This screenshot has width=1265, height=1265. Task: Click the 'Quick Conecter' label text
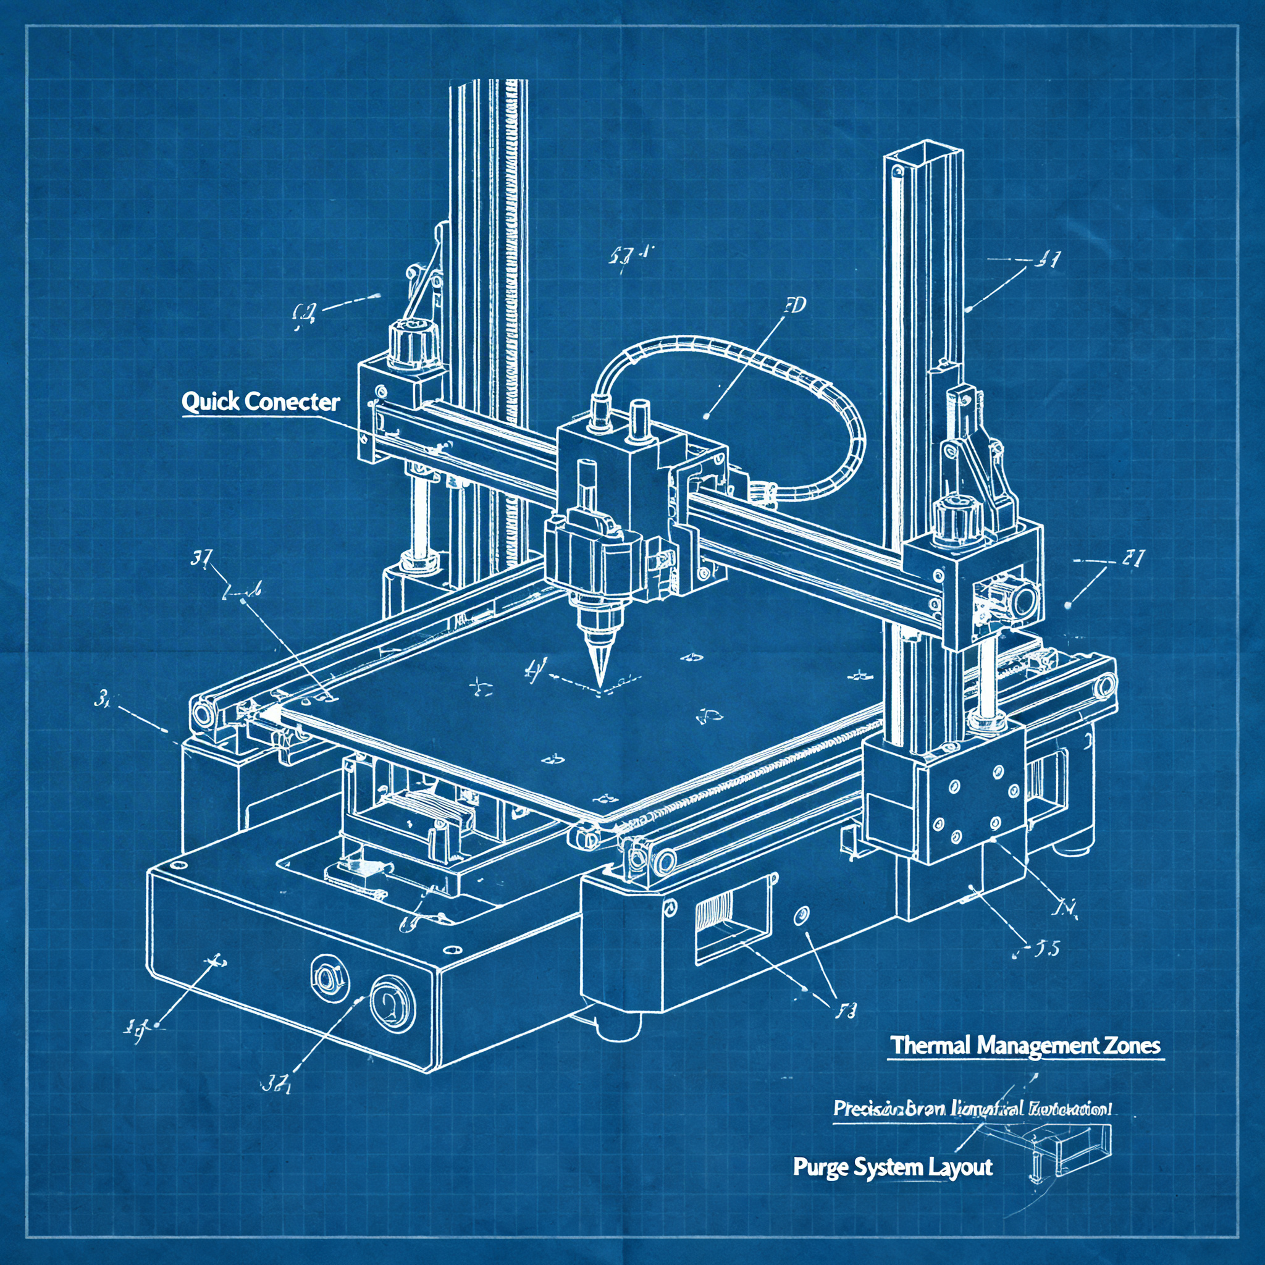[x=261, y=401]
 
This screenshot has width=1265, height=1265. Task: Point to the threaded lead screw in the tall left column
[x=514, y=295]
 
